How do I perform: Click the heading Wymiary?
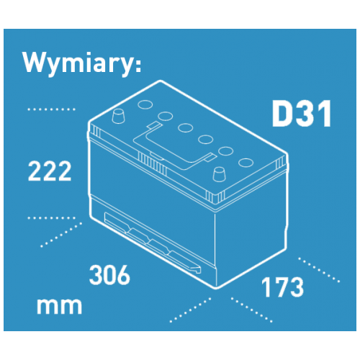point(82,63)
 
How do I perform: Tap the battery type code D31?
point(302,114)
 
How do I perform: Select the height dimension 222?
point(50,171)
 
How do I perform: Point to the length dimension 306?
point(109,275)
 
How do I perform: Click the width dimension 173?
point(282,287)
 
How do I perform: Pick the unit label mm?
point(59,306)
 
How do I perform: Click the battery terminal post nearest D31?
point(219,174)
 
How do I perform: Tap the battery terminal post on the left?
point(118,116)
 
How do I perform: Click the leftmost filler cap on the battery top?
point(145,104)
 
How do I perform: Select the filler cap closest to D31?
point(246,163)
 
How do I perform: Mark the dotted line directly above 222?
point(51,109)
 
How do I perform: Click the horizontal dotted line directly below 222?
point(51,218)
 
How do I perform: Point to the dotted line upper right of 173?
point(319,270)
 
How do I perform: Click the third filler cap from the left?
point(186,127)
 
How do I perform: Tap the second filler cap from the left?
point(166,116)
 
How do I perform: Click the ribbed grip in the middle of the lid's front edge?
point(153,163)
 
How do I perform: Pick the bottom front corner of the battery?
point(217,287)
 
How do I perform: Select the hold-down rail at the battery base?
point(153,243)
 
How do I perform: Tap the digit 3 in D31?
point(307,114)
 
